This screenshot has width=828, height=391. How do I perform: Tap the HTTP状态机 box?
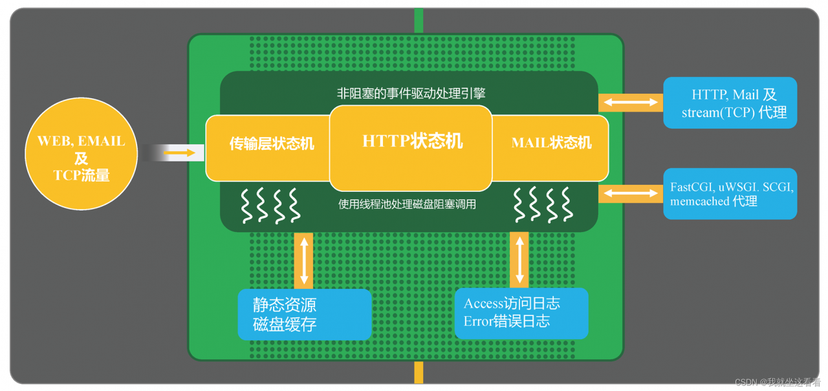coord(411,142)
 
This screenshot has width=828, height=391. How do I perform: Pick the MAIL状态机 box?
coord(551,143)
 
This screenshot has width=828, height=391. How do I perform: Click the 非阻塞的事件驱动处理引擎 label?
coord(411,93)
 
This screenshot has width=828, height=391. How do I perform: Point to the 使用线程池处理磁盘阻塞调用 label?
coord(408,204)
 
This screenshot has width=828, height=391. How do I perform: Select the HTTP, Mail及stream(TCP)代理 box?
coord(730,103)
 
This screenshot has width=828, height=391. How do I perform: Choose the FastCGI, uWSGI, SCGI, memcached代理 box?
coord(730,194)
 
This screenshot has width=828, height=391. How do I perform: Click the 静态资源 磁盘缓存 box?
coord(305,315)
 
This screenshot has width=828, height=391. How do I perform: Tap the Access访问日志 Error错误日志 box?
coord(521,313)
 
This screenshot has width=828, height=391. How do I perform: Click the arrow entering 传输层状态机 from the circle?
coord(179,153)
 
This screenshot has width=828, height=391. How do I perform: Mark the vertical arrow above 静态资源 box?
coord(303,260)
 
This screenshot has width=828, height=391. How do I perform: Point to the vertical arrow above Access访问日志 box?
coord(519,259)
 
